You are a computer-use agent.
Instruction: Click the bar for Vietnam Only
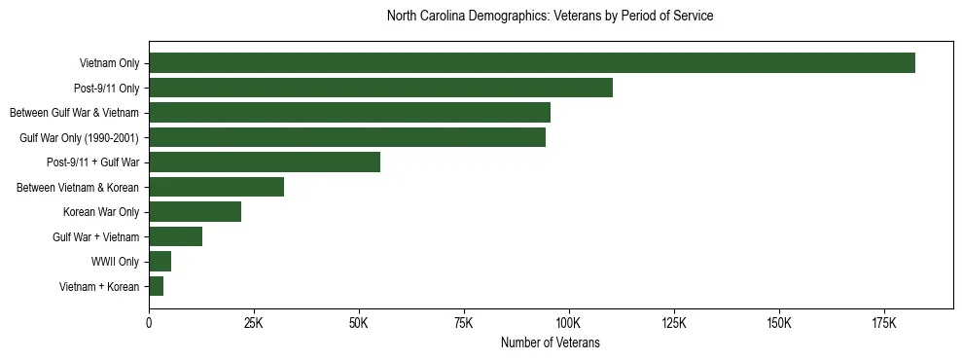(532, 63)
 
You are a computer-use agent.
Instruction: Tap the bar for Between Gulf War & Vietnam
(349, 113)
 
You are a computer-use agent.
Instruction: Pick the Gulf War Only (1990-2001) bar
(347, 137)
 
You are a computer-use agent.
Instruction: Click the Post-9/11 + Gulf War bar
(265, 162)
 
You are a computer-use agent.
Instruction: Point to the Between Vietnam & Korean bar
(216, 187)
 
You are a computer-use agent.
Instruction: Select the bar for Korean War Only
(195, 212)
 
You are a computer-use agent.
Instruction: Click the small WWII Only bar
(160, 262)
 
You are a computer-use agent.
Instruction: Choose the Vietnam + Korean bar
(156, 286)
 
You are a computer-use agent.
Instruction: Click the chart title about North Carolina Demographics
(550, 16)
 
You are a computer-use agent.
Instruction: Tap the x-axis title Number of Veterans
(550, 343)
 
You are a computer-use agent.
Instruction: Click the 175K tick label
(883, 323)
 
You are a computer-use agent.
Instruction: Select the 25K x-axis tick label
(253, 323)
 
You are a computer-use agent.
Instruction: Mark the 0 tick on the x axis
(149, 323)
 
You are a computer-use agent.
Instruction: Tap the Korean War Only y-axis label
(100, 212)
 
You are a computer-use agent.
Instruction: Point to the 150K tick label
(778, 323)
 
